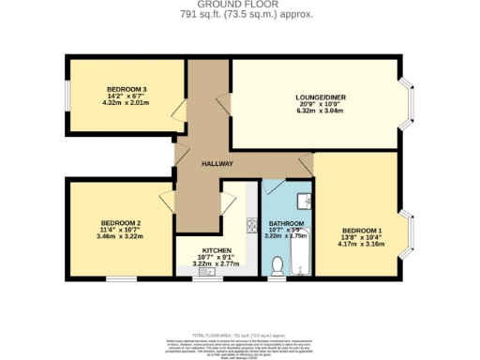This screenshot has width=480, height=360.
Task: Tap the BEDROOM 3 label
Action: tap(127, 90)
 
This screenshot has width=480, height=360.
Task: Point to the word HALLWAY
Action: tap(217, 165)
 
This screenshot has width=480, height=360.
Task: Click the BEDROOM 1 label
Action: tap(361, 231)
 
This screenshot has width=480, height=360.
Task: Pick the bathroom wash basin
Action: tap(302, 199)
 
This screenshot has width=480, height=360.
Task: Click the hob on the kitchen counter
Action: tap(250, 225)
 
